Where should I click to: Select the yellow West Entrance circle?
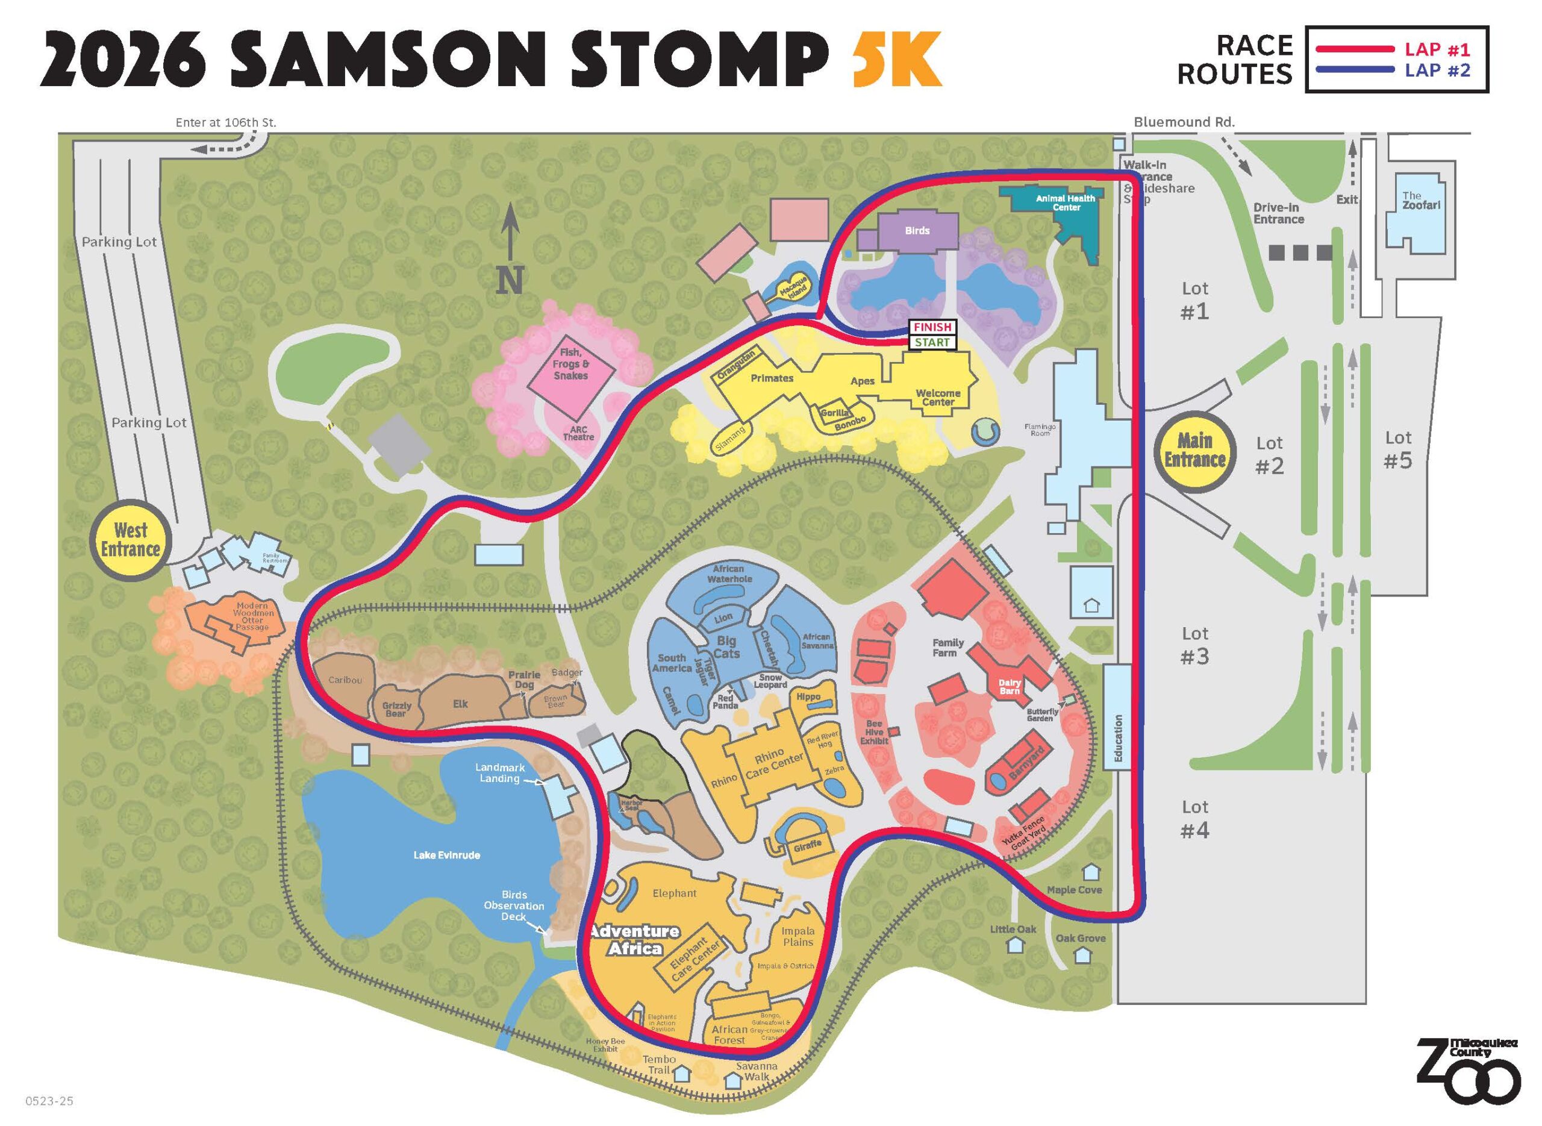tap(130, 539)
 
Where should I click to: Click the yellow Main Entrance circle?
tap(1194, 451)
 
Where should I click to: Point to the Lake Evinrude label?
tap(446, 855)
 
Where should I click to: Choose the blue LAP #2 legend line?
tap(1355, 69)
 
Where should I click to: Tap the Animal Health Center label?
tap(1066, 202)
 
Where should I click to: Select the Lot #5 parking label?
tap(1397, 450)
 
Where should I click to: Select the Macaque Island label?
tap(793, 290)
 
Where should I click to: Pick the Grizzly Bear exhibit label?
tap(396, 709)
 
